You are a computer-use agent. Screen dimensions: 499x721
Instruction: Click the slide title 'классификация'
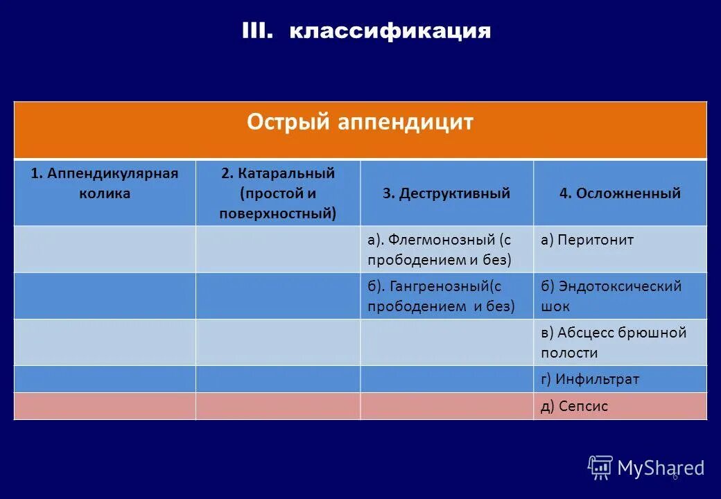pos(390,31)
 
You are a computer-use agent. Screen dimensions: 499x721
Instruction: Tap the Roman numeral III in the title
pos(259,30)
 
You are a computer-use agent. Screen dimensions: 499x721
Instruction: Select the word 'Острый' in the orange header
pos(288,123)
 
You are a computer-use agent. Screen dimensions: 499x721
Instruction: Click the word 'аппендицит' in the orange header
pos(406,123)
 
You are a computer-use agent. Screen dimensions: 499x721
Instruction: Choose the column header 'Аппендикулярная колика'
pos(104,183)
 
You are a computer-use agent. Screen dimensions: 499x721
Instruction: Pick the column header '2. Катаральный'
pos(277,173)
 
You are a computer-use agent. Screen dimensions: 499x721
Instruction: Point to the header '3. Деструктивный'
pos(446,193)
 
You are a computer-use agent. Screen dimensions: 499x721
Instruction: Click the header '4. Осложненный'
pos(620,193)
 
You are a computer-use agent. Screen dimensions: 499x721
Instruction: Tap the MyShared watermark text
pos(661,469)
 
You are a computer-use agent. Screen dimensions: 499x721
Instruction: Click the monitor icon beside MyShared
pos(600,467)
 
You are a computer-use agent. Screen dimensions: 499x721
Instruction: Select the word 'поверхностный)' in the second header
pos(277,213)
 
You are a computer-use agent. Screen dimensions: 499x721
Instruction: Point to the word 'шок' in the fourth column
pos(555,306)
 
